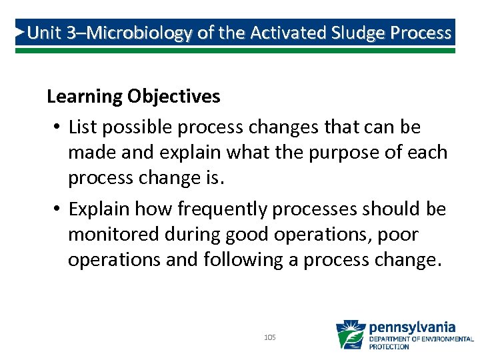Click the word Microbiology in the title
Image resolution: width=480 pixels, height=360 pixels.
[x=138, y=33]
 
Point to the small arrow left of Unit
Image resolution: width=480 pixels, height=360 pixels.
[x=21, y=31]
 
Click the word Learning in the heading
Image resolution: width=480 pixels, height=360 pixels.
[x=83, y=97]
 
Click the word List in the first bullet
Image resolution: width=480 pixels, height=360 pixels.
[x=82, y=127]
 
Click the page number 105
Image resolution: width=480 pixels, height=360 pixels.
[x=270, y=338]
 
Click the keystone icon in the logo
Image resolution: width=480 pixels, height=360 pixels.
[x=350, y=335]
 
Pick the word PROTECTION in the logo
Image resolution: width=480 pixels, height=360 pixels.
[x=389, y=347]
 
